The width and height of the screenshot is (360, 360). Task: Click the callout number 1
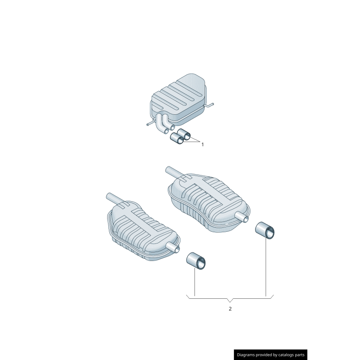click(202, 144)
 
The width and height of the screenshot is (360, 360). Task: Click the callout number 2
click(230, 309)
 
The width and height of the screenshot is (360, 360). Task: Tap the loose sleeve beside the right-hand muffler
click(265, 229)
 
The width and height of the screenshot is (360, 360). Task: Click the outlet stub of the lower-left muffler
click(172, 247)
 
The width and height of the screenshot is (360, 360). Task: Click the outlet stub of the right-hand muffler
click(243, 218)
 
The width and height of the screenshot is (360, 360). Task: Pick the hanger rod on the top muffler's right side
click(210, 106)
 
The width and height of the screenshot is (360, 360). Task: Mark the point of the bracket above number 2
click(230, 300)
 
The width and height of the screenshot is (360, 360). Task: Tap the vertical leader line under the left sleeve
click(194, 283)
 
